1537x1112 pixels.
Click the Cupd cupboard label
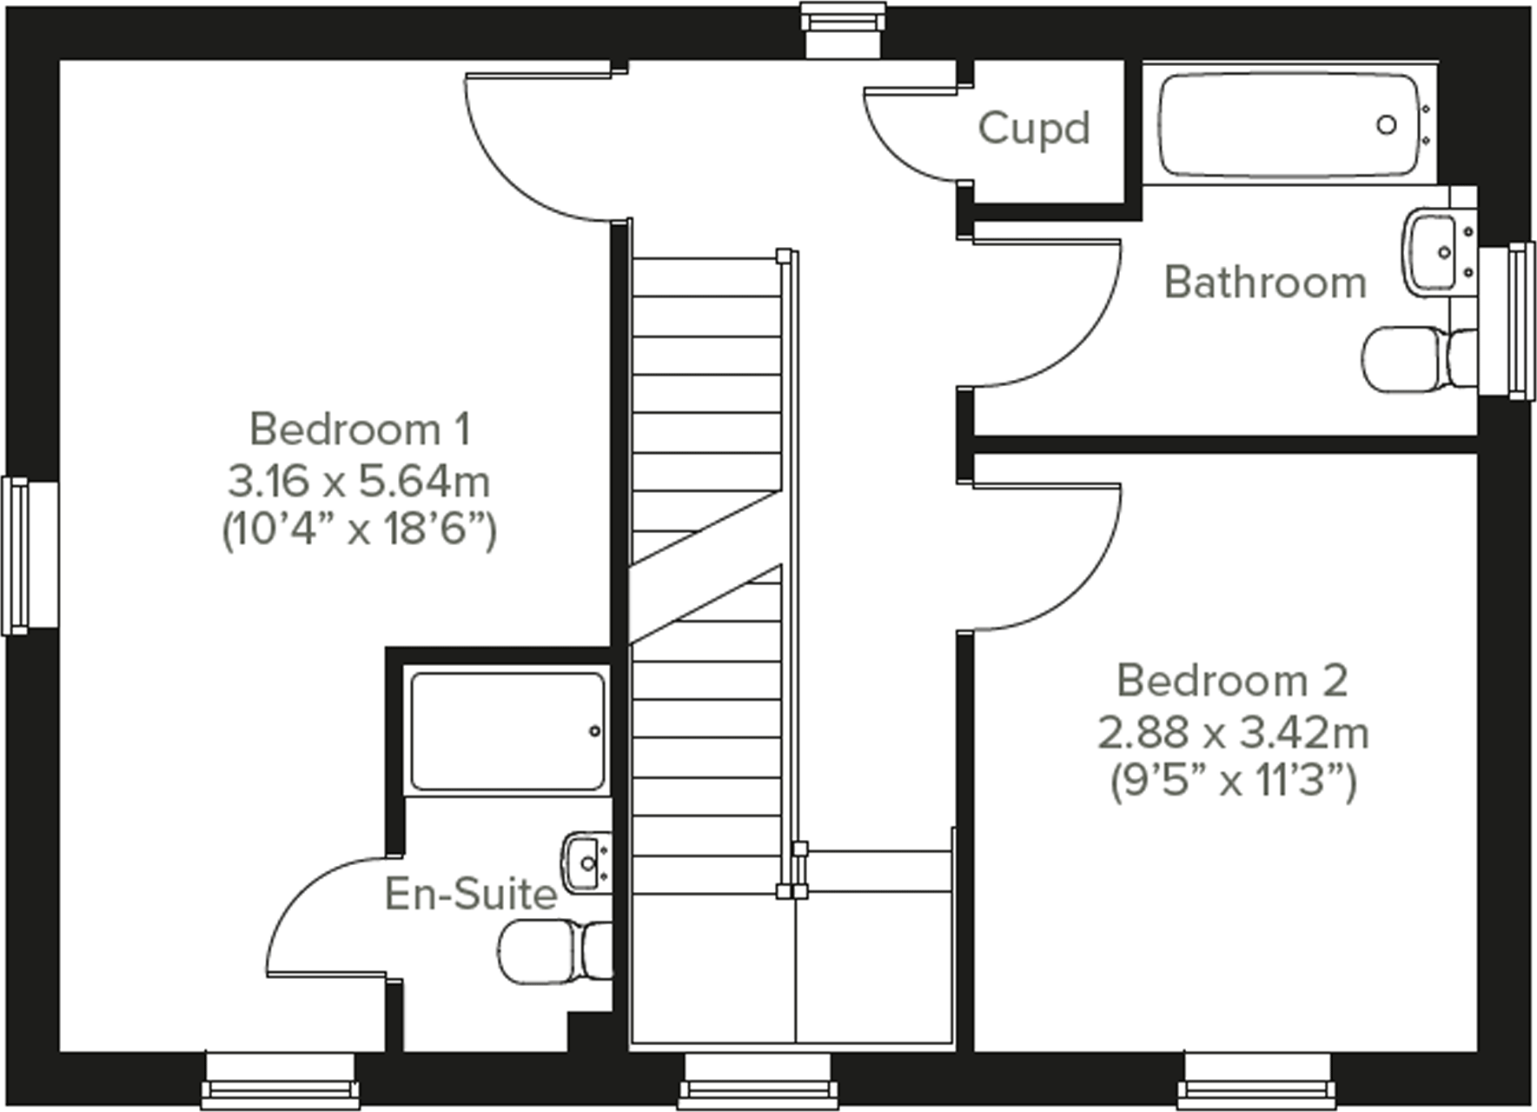1033,129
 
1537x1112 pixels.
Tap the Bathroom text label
1265,283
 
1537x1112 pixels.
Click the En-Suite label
470,894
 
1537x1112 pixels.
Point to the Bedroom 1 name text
360,429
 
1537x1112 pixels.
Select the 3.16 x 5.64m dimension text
359,480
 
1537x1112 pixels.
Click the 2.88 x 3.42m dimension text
1233,732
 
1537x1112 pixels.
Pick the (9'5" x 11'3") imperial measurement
1233,781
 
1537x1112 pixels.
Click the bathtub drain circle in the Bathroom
1387,125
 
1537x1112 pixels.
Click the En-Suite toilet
553,952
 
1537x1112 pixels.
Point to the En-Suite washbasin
585,863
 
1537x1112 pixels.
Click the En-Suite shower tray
507,731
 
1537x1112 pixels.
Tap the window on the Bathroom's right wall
1508,322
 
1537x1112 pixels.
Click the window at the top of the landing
842,31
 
